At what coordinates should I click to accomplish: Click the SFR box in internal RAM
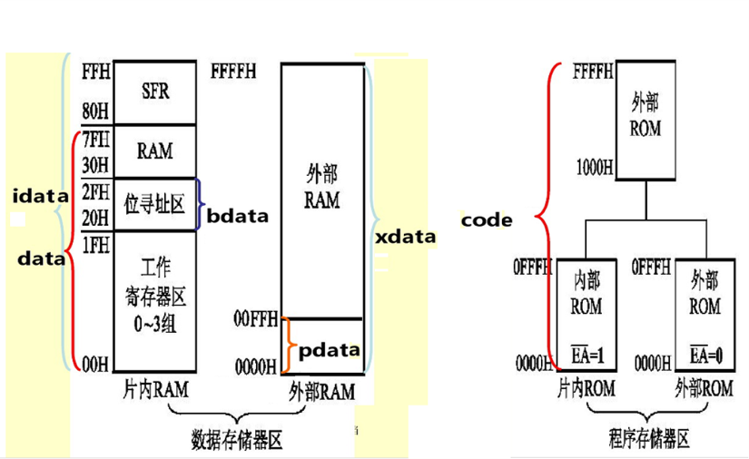pyautogui.click(x=155, y=92)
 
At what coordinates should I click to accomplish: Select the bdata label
pyautogui.click(x=238, y=216)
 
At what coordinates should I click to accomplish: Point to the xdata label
pyautogui.click(x=405, y=237)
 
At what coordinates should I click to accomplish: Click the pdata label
pyautogui.click(x=330, y=349)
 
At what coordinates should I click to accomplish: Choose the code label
pyautogui.click(x=487, y=220)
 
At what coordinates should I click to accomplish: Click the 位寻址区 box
pyautogui.click(x=154, y=204)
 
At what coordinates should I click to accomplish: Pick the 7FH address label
pyautogui.click(x=94, y=140)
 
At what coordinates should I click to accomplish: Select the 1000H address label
pyautogui.click(x=594, y=168)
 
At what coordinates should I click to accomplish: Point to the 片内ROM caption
pyautogui.click(x=586, y=389)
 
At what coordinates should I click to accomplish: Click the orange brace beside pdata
pyautogui.click(x=286, y=346)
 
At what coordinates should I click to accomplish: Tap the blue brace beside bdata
pyautogui.click(x=200, y=204)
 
